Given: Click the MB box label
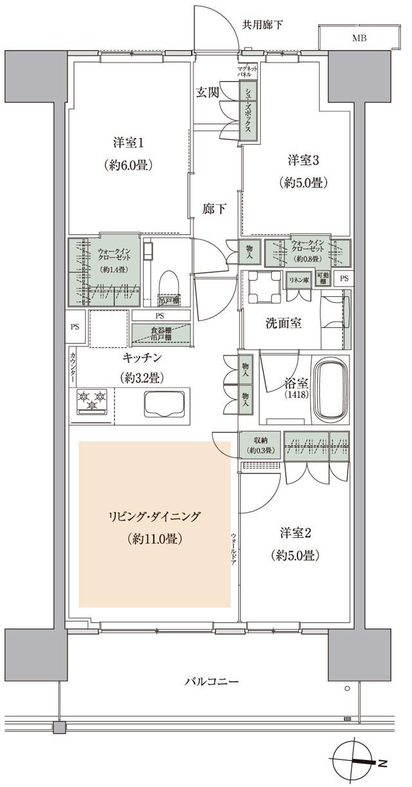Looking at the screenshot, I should point(359,38).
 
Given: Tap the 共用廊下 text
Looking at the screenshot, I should point(262,25).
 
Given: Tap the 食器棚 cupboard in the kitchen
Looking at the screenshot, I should point(161,334).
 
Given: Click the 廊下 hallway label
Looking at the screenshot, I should point(214,209).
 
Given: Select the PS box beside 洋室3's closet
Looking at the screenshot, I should point(344,279).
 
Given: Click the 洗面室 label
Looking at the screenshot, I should point(284,324).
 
